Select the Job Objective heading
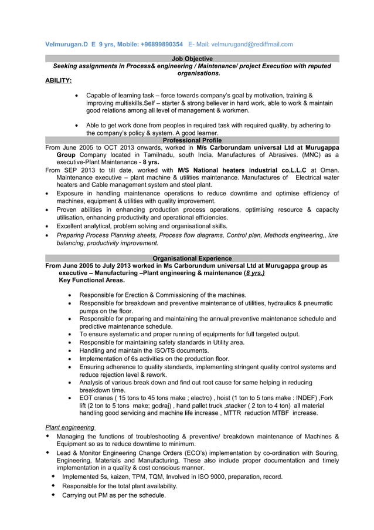[x=192, y=59]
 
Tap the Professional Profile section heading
[x=192, y=140]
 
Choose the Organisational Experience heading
[x=192, y=258]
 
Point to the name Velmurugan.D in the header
[x=66, y=44]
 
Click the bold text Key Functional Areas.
[x=91, y=281]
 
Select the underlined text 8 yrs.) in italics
[x=254, y=273]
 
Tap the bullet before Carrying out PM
[x=53, y=495]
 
